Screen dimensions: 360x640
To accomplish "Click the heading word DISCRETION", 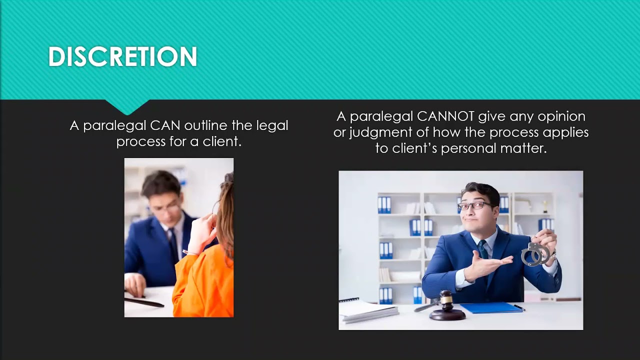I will pos(122,57).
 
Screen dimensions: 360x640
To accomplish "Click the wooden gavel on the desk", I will pos(446,306).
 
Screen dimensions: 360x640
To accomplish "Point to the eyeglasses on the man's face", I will pos(474,205).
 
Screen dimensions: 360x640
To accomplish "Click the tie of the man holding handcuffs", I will pos(482,250).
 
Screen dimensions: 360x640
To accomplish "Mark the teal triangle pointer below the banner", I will pos(127,106).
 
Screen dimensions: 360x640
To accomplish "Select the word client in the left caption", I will pos(220,141).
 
